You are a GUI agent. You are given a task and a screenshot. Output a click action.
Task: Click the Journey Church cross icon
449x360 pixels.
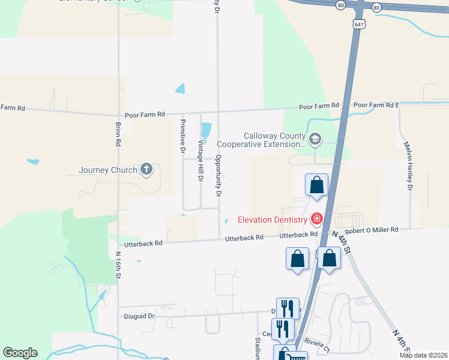(x=146, y=169)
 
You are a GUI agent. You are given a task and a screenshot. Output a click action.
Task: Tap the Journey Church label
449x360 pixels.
(x=108, y=170)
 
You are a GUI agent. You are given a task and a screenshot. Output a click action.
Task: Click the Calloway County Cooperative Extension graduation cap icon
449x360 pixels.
(x=316, y=140)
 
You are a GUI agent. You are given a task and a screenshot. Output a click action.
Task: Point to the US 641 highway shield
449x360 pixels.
(x=359, y=24)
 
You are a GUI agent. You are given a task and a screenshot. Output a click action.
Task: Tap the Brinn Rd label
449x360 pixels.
(x=118, y=136)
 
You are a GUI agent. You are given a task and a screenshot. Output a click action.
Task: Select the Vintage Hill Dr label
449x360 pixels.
(x=201, y=161)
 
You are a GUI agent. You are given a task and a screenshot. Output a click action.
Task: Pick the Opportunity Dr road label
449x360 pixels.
(x=218, y=176)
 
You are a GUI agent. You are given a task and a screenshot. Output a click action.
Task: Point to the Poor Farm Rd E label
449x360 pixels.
(x=376, y=105)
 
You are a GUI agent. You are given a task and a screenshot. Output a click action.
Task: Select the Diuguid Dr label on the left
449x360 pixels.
(x=139, y=316)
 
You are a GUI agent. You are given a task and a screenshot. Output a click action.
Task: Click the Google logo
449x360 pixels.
(x=20, y=353)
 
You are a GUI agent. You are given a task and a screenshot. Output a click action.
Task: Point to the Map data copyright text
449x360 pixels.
(x=423, y=355)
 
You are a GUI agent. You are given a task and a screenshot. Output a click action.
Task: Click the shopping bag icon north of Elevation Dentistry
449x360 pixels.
(x=316, y=185)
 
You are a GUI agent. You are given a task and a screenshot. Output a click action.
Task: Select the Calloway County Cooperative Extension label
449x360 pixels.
(x=261, y=140)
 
